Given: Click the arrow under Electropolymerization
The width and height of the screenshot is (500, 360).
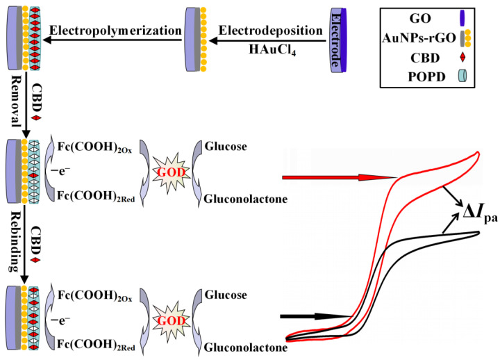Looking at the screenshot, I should tap(115, 42).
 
